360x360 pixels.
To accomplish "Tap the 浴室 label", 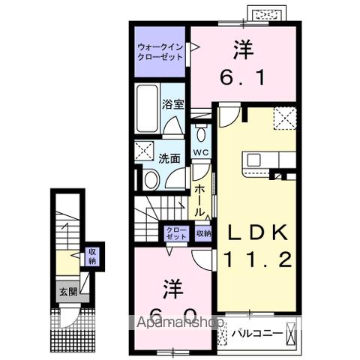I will [x=174, y=104].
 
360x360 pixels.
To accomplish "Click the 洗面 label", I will [x=169, y=158].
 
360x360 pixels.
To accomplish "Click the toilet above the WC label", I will [x=199, y=135].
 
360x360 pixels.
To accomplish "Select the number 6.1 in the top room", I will [x=241, y=78].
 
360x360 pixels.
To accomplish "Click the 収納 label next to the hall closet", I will [x=203, y=233].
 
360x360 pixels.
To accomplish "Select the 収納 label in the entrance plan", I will [x=91, y=256].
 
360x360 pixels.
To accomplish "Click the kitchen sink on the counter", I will [x=253, y=160].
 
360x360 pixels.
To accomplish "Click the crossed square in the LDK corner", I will [x=284, y=116].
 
